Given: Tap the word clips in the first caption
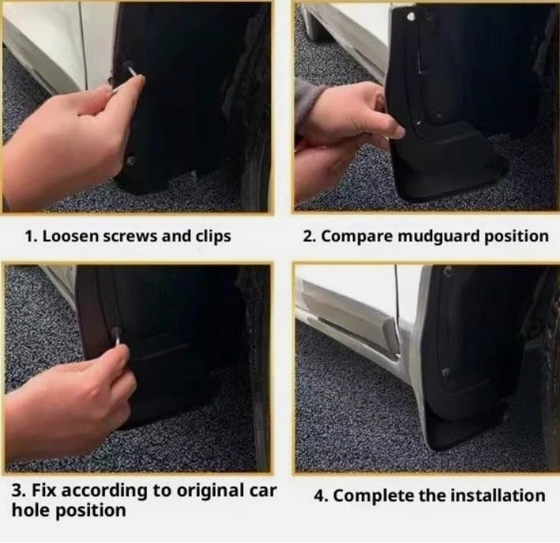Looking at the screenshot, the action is click(x=213, y=236).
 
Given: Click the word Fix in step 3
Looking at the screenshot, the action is click(x=44, y=490).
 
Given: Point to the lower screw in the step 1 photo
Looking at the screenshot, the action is click(x=130, y=160).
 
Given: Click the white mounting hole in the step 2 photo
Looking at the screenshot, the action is click(x=411, y=17).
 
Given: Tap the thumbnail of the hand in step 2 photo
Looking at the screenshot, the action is click(x=398, y=132).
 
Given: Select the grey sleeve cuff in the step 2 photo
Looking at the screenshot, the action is click(x=308, y=100).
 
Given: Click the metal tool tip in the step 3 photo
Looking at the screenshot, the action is click(x=117, y=334).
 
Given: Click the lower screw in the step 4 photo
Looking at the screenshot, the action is click(x=445, y=372).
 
